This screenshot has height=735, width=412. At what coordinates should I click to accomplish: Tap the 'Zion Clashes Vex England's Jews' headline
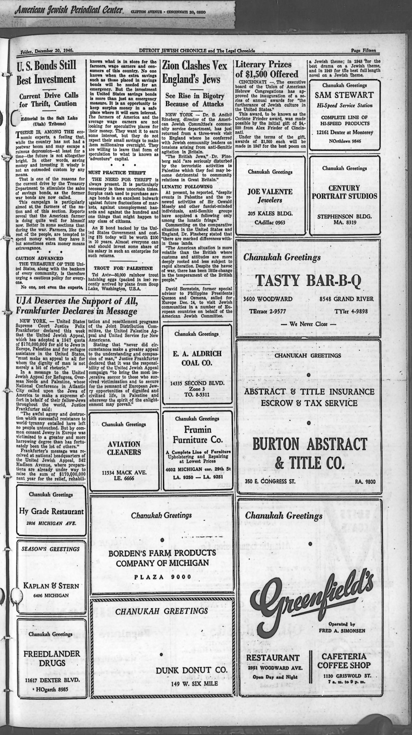pos(195,72)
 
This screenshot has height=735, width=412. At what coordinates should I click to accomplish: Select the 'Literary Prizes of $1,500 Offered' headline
pos(267,69)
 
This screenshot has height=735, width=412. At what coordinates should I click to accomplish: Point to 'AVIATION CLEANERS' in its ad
pos(124,448)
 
